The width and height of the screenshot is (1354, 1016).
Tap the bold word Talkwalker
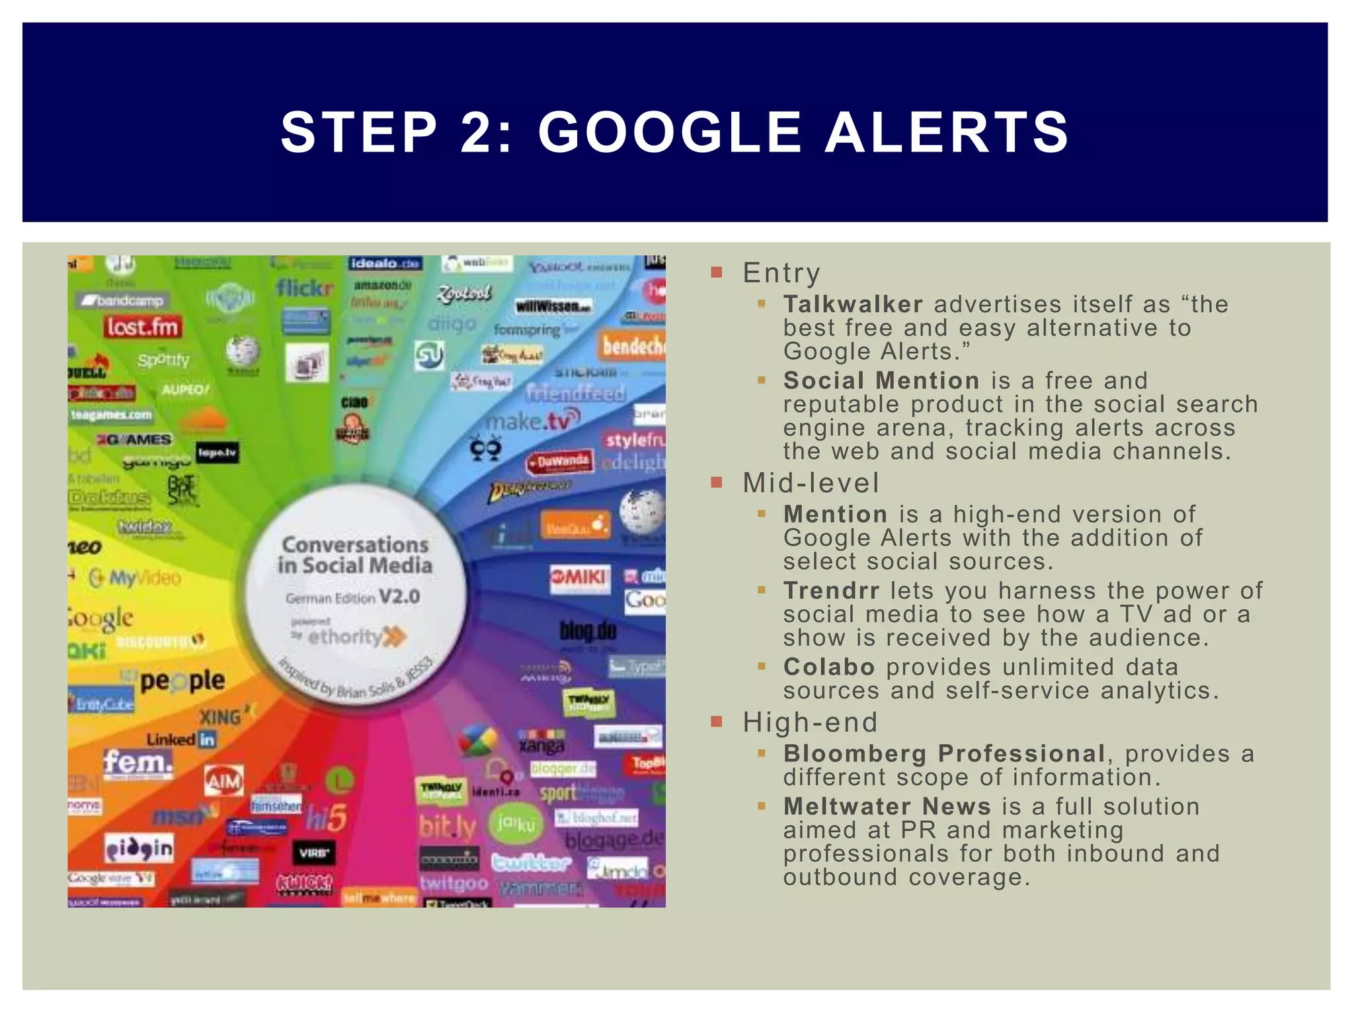pos(853,304)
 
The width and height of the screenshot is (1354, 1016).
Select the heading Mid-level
pos(811,483)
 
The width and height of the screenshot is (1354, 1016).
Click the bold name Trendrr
pos(831,590)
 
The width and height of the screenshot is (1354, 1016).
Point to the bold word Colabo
pos(829,667)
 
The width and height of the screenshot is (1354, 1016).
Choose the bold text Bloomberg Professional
pos(944,753)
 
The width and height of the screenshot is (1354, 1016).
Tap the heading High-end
pos(810,722)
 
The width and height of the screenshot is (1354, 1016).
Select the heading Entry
pos(781,273)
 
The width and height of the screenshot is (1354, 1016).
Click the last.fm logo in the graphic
pos(142,327)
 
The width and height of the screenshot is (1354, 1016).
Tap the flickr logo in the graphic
pos(305,288)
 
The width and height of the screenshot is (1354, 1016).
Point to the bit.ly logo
pos(448,827)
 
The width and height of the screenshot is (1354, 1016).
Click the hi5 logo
pos(327,819)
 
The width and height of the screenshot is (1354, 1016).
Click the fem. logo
pos(138,763)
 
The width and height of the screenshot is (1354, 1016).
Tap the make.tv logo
pos(533,419)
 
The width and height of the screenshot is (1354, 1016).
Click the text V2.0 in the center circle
pos(400,597)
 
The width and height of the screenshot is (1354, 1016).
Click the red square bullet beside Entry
pos(717,273)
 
